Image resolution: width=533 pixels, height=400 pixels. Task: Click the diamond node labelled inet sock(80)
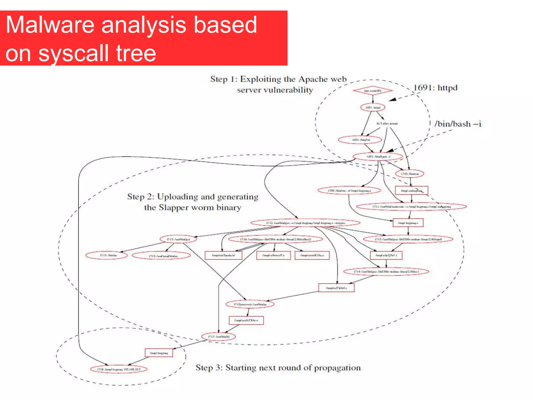pos(373,91)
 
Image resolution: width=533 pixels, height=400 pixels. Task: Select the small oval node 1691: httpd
pos(373,107)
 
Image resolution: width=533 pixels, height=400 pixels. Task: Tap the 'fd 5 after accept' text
pos(387,123)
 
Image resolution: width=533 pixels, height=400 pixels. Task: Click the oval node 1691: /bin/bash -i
pos(378,157)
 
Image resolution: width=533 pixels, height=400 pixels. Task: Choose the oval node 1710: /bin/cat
pos(409,174)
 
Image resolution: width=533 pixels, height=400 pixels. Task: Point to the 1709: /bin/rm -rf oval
pos(349,191)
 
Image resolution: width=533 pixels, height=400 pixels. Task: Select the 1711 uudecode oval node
pos(411,207)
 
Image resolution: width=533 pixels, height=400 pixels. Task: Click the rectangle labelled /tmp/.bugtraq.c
pos(408,223)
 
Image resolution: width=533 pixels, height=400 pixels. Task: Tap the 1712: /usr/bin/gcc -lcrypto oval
pos(305,223)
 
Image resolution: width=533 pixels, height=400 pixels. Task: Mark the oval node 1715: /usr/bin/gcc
pos(178,239)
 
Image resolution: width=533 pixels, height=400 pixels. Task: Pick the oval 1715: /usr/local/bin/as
pos(161,256)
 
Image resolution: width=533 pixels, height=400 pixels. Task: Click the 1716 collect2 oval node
pos(275,239)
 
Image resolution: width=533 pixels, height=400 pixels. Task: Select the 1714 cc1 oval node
pos(386,272)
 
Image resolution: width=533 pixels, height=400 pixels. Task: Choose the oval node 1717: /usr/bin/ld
pos(219,337)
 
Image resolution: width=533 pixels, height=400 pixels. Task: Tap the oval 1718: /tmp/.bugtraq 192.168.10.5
pos(118,369)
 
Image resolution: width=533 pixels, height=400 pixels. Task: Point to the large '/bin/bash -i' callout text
pos(458,124)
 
